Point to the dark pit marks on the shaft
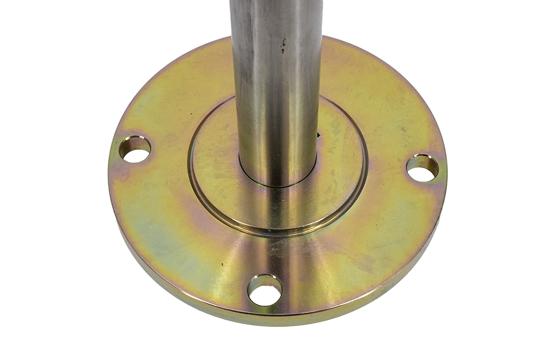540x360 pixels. tap(282, 45)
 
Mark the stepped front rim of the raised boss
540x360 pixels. tap(276, 230)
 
